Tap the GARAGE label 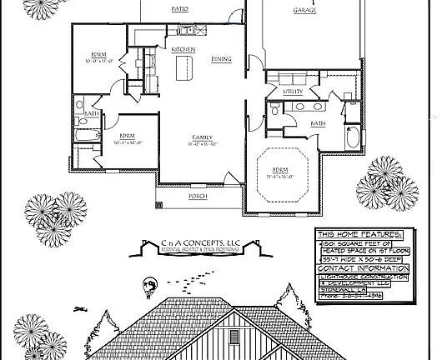(x=304, y=11)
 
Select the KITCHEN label (x=183, y=50)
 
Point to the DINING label (x=221, y=59)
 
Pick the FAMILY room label (x=202, y=137)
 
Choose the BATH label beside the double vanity (x=318, y=123)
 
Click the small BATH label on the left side (x=91, y=114)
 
